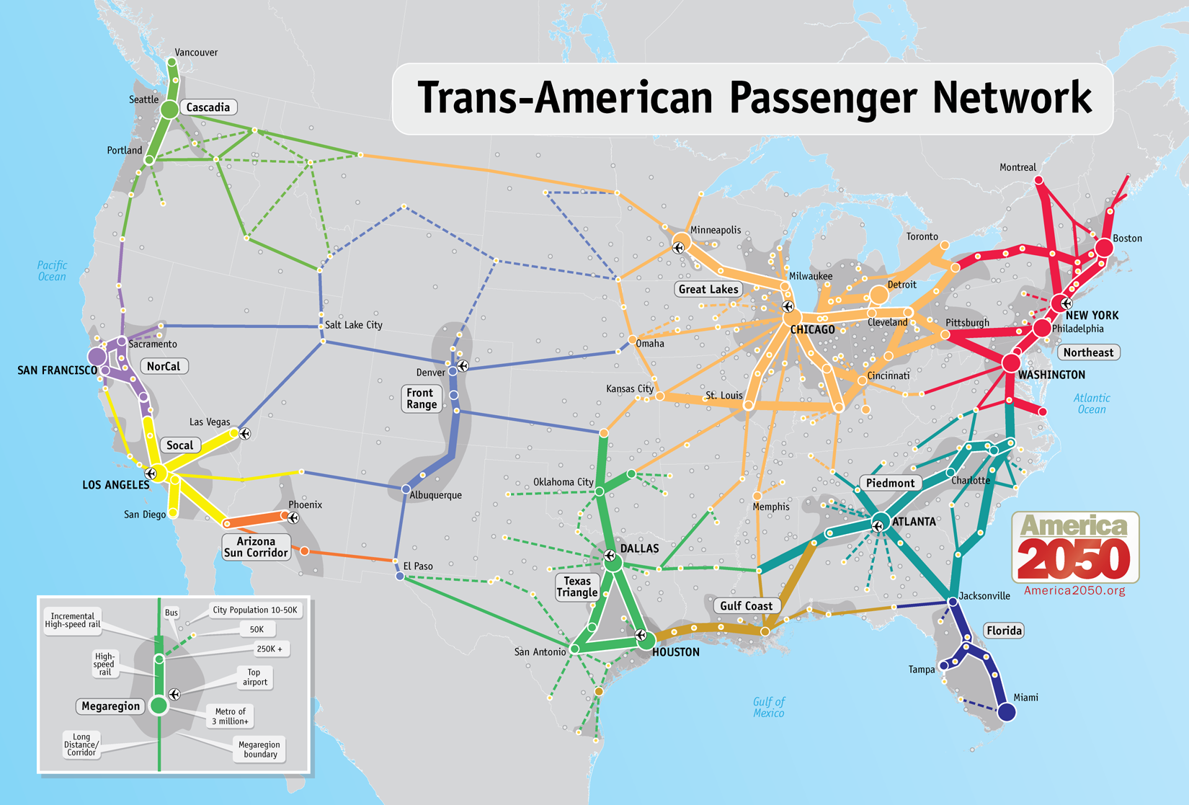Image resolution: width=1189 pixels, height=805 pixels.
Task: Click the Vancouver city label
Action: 196,53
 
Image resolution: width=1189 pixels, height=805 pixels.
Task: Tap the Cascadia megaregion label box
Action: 208,107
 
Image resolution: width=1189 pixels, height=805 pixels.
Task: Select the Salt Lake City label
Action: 353,325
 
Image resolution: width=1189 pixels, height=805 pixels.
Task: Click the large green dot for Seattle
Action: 169,110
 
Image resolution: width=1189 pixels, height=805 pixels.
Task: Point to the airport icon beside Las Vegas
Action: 245,434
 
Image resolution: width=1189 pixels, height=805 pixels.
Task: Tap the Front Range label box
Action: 421,399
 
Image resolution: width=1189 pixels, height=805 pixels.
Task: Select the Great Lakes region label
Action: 708,289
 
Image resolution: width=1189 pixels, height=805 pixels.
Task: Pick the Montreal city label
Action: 1017,167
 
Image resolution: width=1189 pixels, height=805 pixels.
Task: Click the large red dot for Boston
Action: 1104,248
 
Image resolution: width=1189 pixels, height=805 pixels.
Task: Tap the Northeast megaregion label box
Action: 1088,352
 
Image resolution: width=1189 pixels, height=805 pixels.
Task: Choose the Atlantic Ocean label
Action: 1091,404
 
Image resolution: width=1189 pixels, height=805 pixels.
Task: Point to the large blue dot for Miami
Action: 1007,713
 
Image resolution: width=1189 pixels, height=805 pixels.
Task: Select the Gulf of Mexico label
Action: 768,707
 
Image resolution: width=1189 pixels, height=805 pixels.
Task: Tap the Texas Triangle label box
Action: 577,587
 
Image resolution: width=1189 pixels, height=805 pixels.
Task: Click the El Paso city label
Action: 418,566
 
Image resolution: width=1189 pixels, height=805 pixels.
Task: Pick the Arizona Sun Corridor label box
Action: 256,547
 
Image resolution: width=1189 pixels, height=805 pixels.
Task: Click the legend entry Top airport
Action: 254,677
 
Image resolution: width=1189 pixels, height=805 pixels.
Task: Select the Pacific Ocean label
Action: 52,271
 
